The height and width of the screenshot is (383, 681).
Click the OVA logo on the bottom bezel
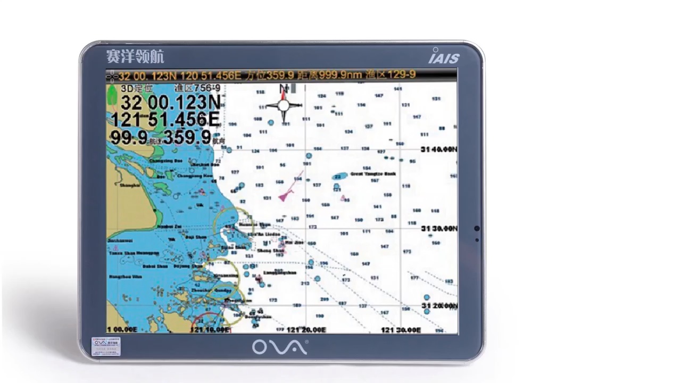(x=279, y=347)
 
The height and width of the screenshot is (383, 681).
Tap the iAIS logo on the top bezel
(x=443, y=56)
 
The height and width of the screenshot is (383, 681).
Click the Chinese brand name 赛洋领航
(x=135, y=56)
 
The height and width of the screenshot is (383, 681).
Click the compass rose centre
(x=284, y=105)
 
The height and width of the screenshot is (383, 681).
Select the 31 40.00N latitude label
(x=438, y=149)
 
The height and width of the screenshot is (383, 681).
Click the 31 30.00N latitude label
(x=438, y=228)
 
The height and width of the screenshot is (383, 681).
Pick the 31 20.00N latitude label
(x=438, y=306)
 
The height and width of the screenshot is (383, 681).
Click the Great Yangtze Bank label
(x=373, y=174)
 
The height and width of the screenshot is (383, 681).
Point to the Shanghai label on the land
(x=129, y=185)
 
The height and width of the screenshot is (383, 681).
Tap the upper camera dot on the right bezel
(x=477, y=228)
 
